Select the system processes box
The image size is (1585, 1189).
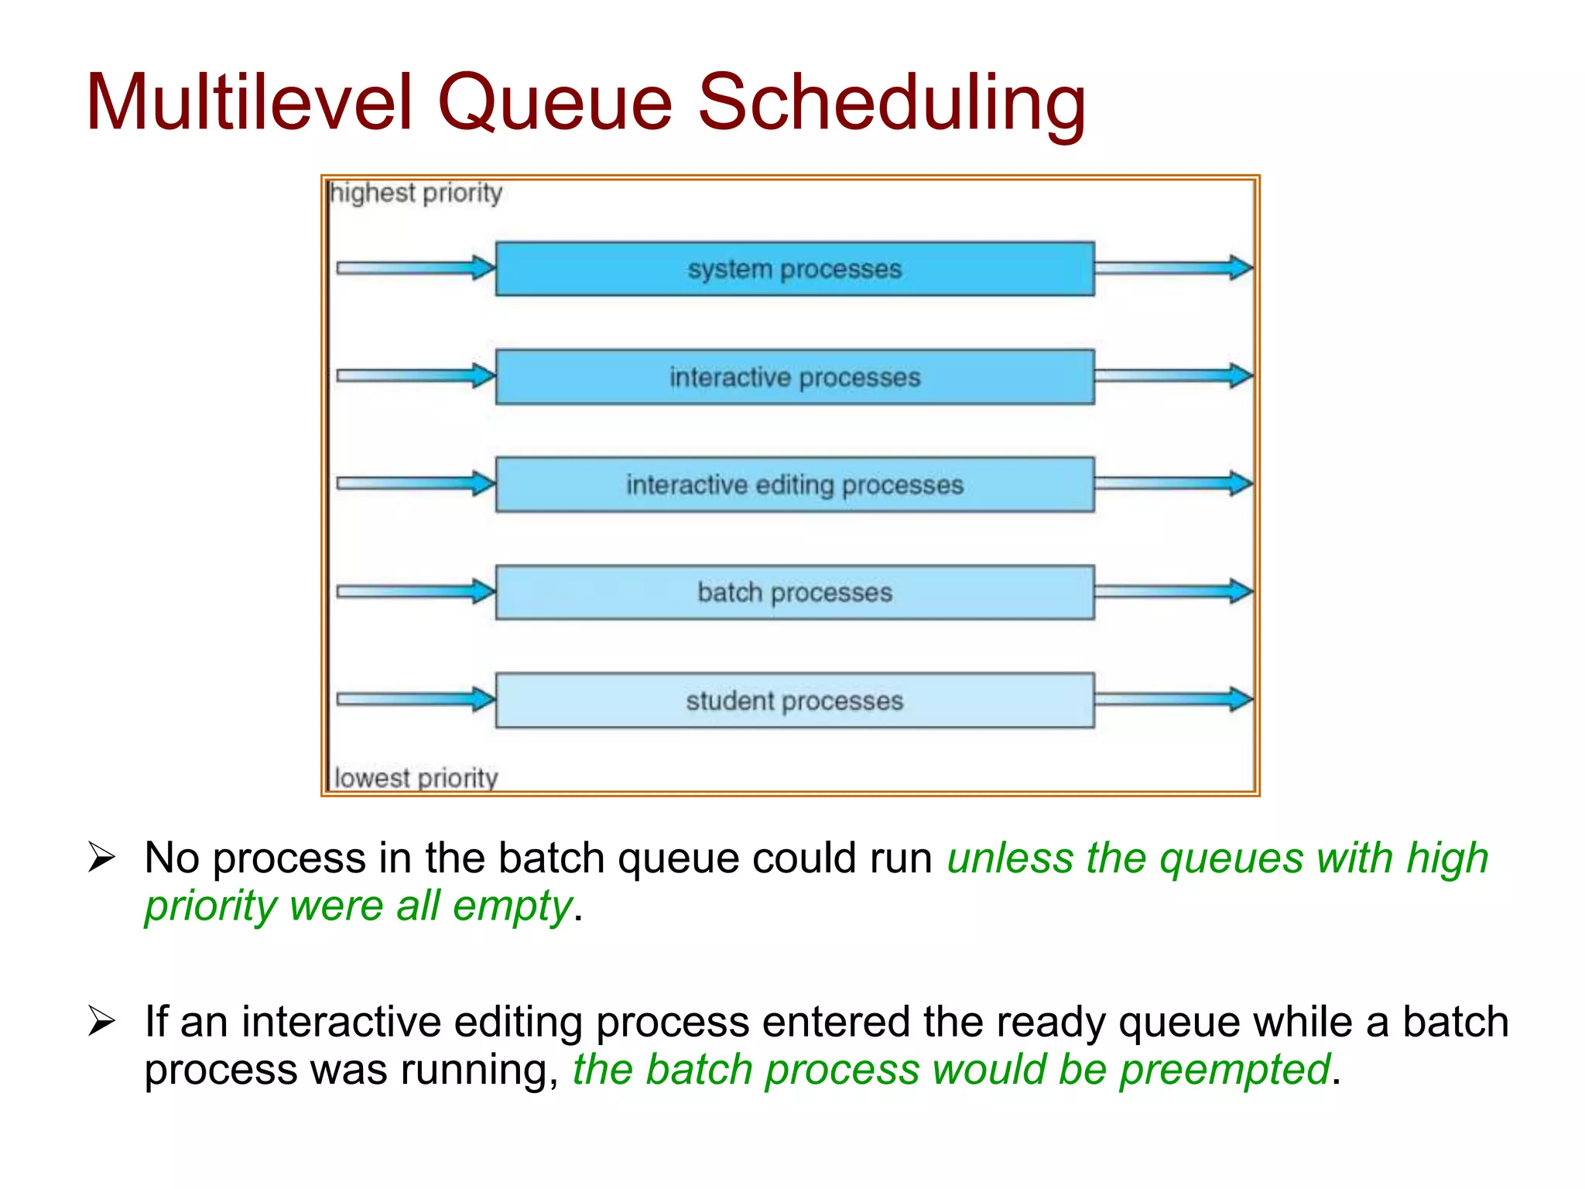[x=794, y=269]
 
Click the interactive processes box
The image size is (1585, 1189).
[x=794, y=377]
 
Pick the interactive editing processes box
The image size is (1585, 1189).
[x=794, y=485]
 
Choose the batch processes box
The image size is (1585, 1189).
[x=794, y=592]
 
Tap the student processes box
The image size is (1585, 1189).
[x=794, y=701]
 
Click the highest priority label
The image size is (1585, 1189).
[x=416, y=193]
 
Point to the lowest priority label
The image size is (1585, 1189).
[x=416, y=777]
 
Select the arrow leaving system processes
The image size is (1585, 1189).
[x=1172, y=269]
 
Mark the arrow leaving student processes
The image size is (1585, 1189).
[x=1172, y=700]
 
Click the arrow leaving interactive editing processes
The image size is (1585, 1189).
[x=1172, y=484]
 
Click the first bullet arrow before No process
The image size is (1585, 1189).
[x=101, y=858]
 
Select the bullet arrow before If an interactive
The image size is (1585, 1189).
[x=101, y=1021]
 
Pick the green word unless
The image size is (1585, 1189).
[x=1009, y=858]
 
